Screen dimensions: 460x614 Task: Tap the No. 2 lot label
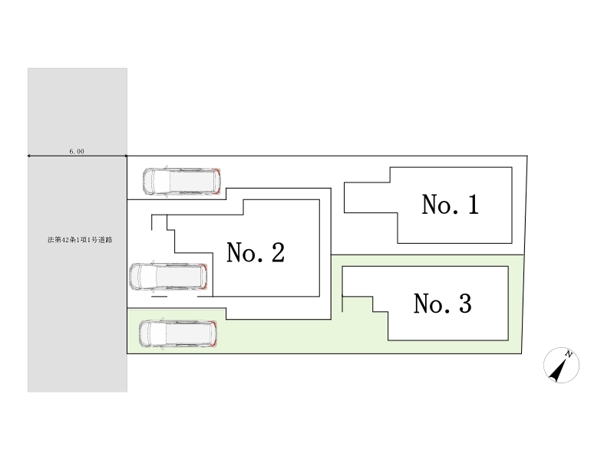point(256,252)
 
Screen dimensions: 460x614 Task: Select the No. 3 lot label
point(442,304)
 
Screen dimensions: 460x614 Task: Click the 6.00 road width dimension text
point(77,152)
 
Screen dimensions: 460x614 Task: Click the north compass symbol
point(561,366)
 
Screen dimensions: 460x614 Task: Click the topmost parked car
point(183,180)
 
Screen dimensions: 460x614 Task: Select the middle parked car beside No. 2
point(169,277)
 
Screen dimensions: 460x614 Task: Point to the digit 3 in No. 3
point(464,304)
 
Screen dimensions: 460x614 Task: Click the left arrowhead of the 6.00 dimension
point(30,156)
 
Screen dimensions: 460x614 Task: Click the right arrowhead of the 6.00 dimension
point(125,156)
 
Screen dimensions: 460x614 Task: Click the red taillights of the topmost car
point(218,180)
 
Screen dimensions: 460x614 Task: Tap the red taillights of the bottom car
point(215,334)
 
